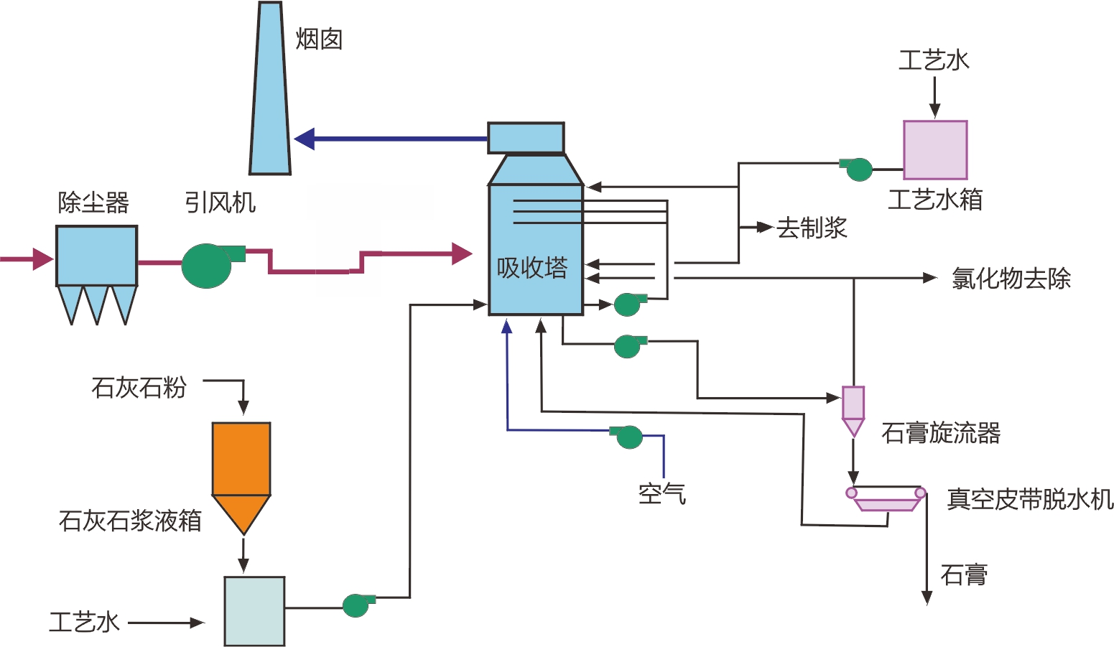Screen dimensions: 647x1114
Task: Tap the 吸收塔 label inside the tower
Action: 532,268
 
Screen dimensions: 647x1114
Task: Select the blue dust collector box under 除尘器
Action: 96,256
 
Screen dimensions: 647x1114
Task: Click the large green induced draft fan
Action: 208,265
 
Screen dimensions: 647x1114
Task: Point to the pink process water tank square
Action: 934,149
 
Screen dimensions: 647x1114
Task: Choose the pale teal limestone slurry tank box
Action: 254,610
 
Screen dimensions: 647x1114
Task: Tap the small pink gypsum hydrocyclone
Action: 853,409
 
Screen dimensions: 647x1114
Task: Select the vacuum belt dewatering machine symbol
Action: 886,497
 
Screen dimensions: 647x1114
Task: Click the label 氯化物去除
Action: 1011,279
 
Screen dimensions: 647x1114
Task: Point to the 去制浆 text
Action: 812,228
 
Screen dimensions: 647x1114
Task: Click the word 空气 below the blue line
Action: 662,493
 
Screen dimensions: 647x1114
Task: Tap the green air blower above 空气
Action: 628,436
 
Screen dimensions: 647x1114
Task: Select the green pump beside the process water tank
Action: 858,169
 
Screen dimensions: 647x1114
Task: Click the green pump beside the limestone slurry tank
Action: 357,605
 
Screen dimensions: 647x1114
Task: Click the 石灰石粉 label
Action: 139,388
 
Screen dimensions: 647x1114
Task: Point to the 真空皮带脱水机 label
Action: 1029,499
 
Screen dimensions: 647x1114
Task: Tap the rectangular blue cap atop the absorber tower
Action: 526,138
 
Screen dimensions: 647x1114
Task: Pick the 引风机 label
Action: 220,203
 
